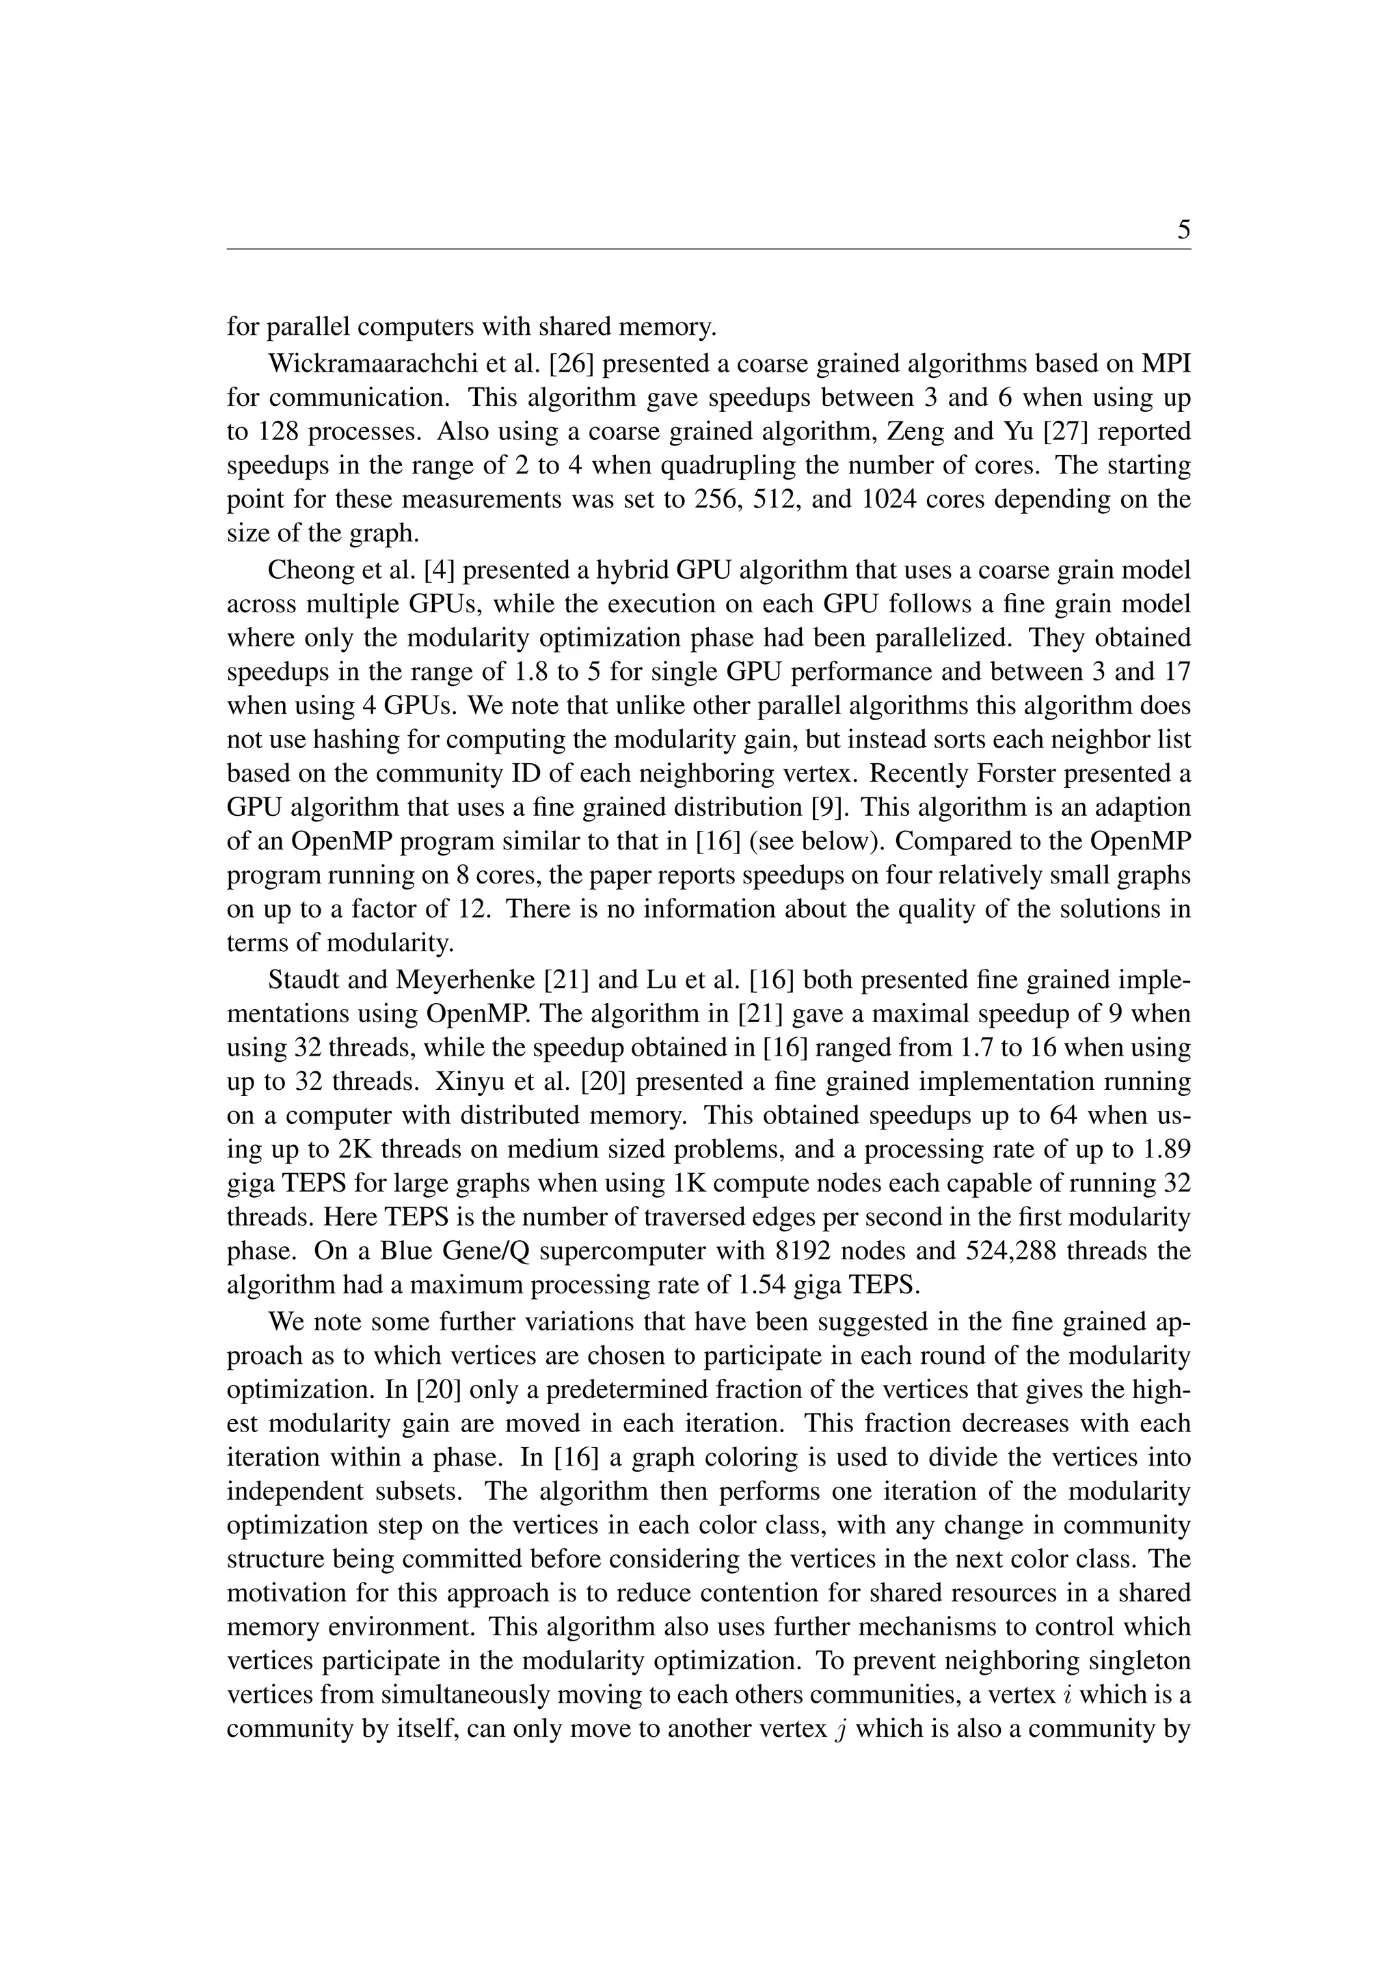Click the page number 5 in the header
(1183, 230)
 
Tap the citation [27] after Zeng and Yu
(1067, 431)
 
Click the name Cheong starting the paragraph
(308, 570)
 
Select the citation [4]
(439, 570)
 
